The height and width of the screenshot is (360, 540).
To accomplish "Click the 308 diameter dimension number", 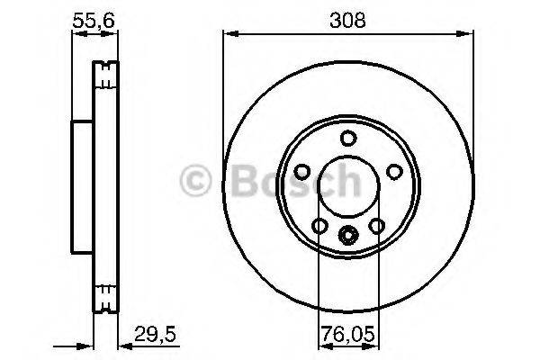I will pyautogui.click(x=347, y=19).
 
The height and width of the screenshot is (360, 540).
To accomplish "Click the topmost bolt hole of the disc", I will pyautogui.click(x=348, y=138).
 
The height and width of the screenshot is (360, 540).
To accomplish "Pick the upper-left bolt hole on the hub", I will pyautogui.click(x=303, y=170).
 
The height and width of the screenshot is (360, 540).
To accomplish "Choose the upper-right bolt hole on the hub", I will pyautogui.click(x=393, y=170).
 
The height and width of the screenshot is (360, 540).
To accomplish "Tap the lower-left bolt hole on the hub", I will pyautogui.click(x=320, y=224).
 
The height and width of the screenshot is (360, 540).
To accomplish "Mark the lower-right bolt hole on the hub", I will pyautogui.click(x=376, y=224).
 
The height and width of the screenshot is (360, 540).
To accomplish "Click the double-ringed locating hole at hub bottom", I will pyautogui.click(x=348, y=235).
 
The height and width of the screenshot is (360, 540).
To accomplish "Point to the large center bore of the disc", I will pyautogui.click(x=348, y=185).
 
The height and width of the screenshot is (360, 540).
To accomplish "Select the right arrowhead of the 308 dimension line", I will pyautogui.click(x=468, y=34).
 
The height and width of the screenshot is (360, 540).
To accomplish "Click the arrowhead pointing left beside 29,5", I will pyautogui.click(x=124, y=344).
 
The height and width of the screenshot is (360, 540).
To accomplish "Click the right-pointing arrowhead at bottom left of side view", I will pyautogui.click(x=88, y=344).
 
